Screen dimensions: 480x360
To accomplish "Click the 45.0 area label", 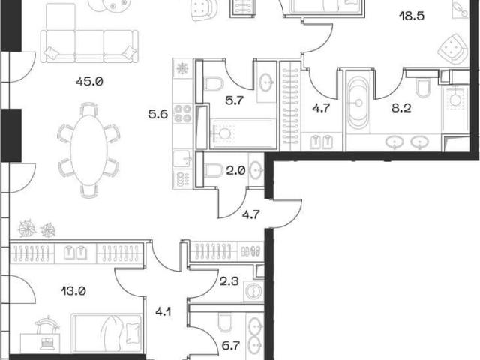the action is pos(89,82).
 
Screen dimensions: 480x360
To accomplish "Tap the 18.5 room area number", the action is pos(412,16).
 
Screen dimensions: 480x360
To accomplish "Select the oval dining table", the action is pos(88,150).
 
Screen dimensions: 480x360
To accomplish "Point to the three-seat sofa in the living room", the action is pos(89,46).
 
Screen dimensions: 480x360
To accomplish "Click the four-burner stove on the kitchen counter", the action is pos(182,113).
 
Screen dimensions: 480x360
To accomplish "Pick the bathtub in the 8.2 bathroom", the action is pos(358,102).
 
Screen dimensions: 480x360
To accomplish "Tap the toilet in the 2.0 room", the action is pos(213,170).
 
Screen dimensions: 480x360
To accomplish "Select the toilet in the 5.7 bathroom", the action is pos(214,83).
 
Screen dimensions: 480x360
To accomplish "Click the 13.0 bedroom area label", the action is pos(73,290).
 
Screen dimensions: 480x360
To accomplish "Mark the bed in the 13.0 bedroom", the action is pos(106,333).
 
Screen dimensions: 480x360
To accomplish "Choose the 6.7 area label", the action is pos(230,346).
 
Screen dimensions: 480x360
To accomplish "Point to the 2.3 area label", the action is pos(229,280).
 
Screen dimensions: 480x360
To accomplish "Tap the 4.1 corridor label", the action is pos(163,312).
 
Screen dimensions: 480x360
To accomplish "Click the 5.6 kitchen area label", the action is pos(158,114).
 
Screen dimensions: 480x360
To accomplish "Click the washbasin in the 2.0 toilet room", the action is pos(256,169).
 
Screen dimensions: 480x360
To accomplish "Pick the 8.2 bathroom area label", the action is pos(401,108).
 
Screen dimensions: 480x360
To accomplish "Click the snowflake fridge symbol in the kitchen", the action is pos(182,68).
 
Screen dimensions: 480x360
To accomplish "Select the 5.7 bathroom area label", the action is pos(235,100).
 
